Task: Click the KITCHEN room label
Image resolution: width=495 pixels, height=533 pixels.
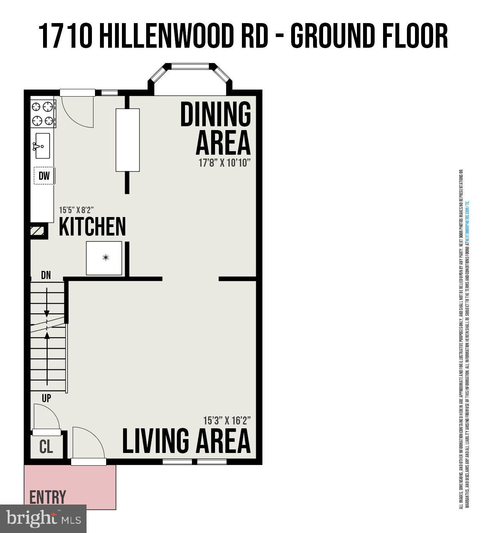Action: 92,227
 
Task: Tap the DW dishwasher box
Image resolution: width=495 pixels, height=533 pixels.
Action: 44,175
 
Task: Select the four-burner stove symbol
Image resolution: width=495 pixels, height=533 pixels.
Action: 42,113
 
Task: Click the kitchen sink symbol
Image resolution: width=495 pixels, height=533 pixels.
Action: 42,145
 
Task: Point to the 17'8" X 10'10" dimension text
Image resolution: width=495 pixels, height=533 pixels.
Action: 225,163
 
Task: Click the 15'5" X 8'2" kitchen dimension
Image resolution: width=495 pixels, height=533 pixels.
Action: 76,210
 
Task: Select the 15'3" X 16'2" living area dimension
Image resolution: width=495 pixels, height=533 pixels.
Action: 227,420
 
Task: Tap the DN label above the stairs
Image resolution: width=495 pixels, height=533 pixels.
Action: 46,275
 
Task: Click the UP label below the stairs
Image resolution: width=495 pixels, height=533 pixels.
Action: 46,398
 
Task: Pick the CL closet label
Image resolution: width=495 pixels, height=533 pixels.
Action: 46,447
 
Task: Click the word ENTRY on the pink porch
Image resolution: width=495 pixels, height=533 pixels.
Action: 48,497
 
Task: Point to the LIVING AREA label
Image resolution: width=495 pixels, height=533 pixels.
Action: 186,441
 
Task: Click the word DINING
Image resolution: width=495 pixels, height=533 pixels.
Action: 215,114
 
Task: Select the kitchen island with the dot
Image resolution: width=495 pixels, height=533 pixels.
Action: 104,258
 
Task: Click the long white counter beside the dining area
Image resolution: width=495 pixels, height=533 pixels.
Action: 128,140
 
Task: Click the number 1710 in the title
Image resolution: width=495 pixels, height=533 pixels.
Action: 66,36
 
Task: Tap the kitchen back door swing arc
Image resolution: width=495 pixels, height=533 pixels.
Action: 79,114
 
